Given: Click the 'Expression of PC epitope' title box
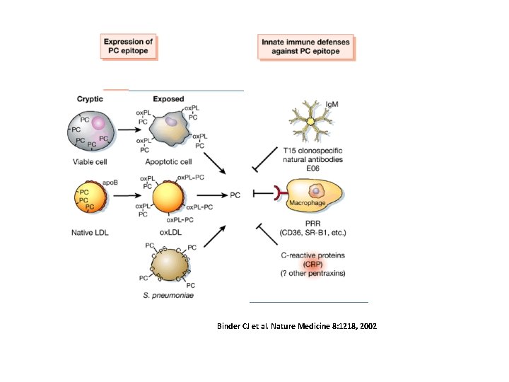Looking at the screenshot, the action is [129, 47].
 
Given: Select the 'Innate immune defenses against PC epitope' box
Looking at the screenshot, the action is [306, 47].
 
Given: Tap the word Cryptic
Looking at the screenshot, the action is [90, 99].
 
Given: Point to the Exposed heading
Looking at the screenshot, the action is [168, 99].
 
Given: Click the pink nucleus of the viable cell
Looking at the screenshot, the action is [99, 123].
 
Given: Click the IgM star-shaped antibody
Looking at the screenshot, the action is [310, 121].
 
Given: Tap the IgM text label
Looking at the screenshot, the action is [332, 104].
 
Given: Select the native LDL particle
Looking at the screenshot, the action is [90, 197].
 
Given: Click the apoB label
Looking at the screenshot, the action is [110, 183].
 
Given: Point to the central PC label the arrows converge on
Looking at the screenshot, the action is [235, 195].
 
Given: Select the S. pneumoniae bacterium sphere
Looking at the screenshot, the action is [170, 265].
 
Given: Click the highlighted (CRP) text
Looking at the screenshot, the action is [313, 264].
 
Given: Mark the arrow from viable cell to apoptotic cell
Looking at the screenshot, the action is [129, 130].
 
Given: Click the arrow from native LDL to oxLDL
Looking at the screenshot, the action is [127, 195].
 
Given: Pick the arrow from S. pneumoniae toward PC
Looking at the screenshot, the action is [215, 236].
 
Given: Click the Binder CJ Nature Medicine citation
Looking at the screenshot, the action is [297, 326].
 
